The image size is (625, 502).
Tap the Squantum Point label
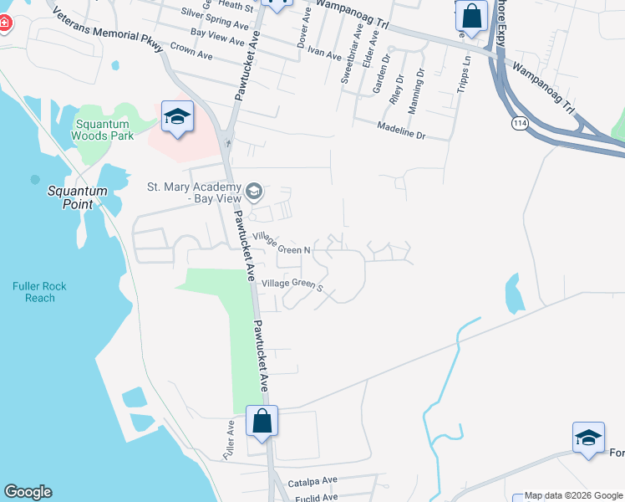(77, 197)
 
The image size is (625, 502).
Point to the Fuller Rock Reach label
(39, 292)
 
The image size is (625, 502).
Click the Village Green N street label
(283, 244)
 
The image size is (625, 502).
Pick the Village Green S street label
(292, 284)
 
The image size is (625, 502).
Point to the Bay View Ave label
(217, 37)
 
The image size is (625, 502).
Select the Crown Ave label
(191, 53)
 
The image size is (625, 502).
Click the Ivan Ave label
(324, 54)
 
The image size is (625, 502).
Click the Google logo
(28, 492)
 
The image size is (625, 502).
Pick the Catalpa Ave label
(311, 481)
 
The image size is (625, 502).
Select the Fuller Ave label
(228, 439)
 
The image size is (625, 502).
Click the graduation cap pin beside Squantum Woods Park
(177, 116)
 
